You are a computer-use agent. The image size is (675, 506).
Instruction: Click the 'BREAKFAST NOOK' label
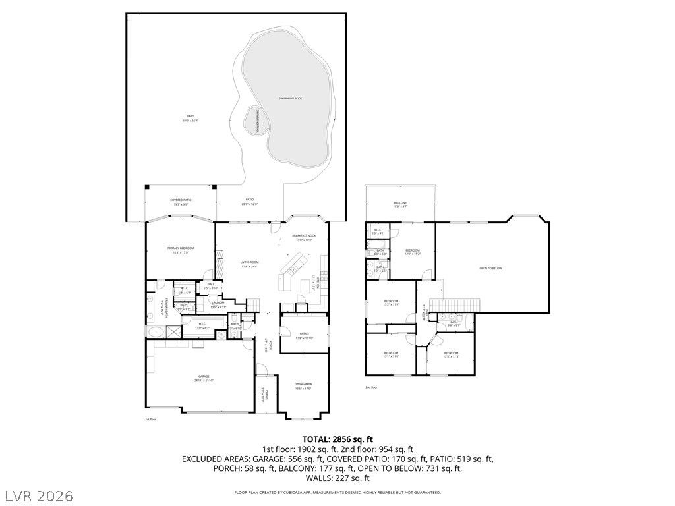304,237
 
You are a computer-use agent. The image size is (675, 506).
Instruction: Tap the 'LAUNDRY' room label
218,304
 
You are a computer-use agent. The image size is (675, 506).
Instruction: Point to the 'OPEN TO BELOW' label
490,268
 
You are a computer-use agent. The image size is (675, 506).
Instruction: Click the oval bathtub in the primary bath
156,332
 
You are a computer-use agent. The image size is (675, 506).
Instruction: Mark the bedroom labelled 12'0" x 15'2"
413,252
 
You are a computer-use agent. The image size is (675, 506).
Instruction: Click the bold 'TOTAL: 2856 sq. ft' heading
337,439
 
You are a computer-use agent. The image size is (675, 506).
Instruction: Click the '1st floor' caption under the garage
150,419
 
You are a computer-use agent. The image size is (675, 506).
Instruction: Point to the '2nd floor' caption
372,387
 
